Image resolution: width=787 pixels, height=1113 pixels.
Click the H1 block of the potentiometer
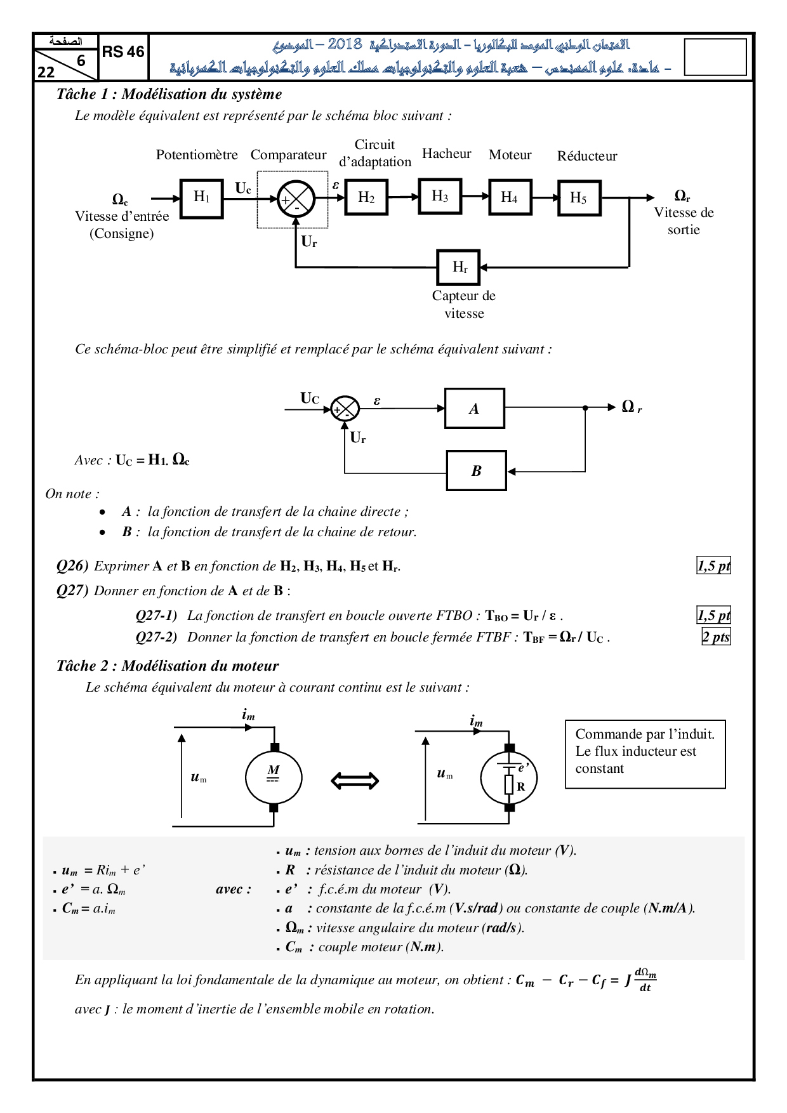pyautogui.click(x=202, y=198)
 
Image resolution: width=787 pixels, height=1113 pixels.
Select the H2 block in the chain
pyautogui.click(x=366, y=197)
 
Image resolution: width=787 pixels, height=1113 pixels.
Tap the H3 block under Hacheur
pyautogui.click(x=440, y=196)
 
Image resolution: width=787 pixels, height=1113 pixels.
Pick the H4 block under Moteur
pyautogui.click(x=510, y=197)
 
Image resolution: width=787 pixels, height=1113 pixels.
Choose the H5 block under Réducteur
pyautogui.click(x=579, y=198)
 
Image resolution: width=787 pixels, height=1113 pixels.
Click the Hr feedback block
pyautogui.click(x=459, y=267)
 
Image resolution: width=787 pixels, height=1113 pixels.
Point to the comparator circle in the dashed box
pyautogui.click(x=296, y=199)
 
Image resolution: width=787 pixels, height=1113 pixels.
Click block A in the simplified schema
pyautogui.click(x=475, y=409)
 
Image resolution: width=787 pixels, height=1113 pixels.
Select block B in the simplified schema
pyautogui.click(x=476, y=471)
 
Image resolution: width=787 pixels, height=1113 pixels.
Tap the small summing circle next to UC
pyautogui.click(x=345, y=409)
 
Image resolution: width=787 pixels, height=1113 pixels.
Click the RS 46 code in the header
pyautogui.click(x=123, y=52)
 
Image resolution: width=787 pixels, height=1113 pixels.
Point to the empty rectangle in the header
pyautogui.click(x=715, y=57)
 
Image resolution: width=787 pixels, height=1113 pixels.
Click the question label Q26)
pyautogui.click(x=72, y=566)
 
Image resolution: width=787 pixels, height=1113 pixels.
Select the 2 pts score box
pyautogui.click(x=716, y=637)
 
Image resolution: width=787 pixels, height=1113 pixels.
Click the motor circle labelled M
pyautogui.click(x=274, y=777)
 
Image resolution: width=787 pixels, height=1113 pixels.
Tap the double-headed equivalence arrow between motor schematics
pyautogui.click(x=355, y=780)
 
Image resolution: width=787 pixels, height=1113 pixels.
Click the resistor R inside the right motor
pyautogui.click(x=509, y=785)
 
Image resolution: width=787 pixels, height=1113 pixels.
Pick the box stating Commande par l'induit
pyautogui.click(x=645, y=754)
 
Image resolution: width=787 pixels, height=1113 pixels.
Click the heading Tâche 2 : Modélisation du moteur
pyautogui.click(x=168, y=666)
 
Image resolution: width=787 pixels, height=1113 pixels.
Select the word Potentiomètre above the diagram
pyautogui.click(x=197, y=155)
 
